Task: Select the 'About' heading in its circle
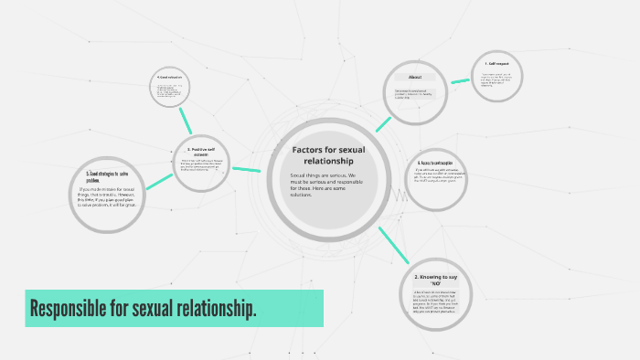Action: pos(414,78)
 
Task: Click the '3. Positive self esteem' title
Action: pos(201,152)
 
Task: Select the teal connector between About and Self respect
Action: pos(460,80)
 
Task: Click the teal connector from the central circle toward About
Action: pos(381,124)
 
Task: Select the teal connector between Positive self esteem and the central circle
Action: pos(247,168)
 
